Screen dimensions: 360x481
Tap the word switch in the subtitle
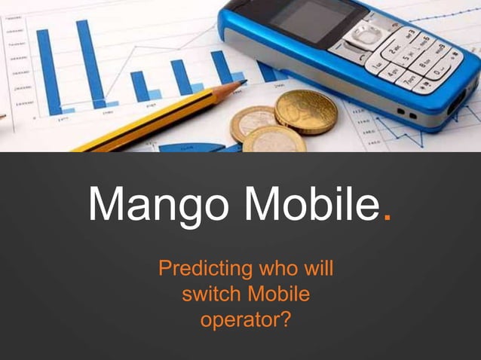tap(207, 294)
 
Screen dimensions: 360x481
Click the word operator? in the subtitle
tap(245, 319)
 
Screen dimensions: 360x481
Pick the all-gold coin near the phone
tap(305, 111)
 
